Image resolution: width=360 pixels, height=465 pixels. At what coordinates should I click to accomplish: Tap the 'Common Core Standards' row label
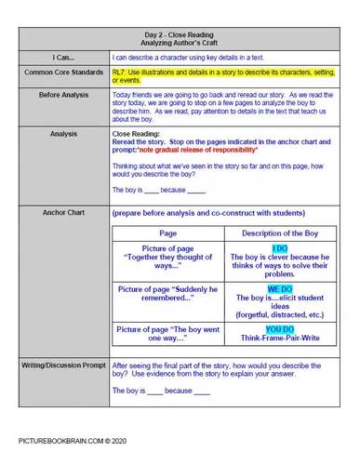[63, 71]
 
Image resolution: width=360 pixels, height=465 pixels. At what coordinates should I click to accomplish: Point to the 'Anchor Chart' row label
[63, 212]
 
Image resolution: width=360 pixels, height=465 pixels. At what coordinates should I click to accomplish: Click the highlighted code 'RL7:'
[118, 70]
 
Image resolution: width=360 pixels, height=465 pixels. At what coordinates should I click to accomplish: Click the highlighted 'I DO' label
[279, 248]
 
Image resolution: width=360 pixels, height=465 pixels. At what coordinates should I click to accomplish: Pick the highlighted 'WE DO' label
[279, 289]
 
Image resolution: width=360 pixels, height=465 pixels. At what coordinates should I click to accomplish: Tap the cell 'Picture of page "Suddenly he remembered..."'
[168, 294]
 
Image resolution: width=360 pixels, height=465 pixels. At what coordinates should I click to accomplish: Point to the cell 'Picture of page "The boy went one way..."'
[168, 334]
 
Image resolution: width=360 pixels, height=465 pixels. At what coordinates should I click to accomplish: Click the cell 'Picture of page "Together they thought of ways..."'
[168, 258]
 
